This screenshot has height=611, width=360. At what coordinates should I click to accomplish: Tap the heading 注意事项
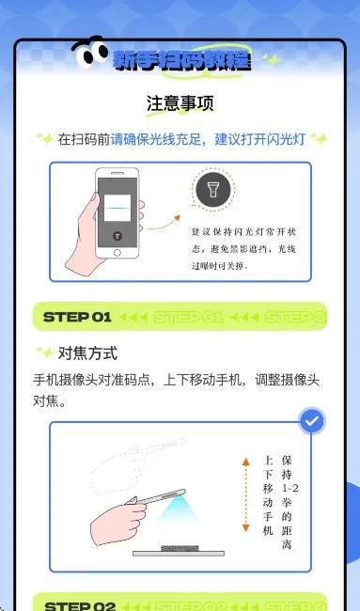[x=180, y=102]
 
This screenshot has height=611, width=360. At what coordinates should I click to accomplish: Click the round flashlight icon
[x=212, y=190]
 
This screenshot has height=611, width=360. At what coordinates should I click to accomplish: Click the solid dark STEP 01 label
[x=78, y=317]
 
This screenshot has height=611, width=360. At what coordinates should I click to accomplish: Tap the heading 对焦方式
[x=87, y=353]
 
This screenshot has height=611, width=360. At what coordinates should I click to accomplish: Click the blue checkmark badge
[x=312, y=420]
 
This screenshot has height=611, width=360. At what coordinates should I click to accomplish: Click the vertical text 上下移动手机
[x=268, y=496]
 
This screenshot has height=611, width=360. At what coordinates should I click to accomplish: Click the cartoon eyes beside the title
[x=92, y=55]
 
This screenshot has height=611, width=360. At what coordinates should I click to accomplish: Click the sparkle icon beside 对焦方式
[x=43, y=353]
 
